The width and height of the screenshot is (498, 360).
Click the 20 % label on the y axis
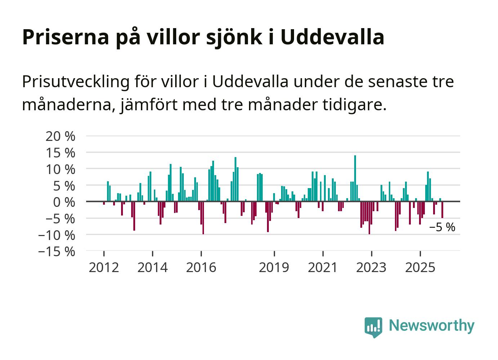[x=61, y=136]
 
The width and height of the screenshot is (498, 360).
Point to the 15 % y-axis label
[x=61, y=153]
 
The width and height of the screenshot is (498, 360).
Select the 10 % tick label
[x=61, y=169]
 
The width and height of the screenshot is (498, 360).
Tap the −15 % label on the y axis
[x=57, y=251]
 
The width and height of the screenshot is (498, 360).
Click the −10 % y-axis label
[x=57, y=235]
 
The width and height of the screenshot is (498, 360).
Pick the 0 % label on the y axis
[x=64, y=202]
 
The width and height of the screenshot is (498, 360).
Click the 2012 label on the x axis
[x=104, y=267]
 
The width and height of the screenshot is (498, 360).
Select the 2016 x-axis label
[x=201, y=267]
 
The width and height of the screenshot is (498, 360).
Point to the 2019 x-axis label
[x=274, y=267]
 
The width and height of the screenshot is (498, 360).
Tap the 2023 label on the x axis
[x=371, y=267]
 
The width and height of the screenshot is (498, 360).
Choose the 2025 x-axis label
[x=420, y=267]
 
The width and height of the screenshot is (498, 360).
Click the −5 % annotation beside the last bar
[x=442, y=228]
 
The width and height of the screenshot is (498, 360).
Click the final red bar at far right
[x=442, y=210]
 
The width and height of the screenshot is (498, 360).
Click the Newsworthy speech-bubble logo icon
[x=373, y=327]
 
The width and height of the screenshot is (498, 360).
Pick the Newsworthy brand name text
[x=432, y=325]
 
